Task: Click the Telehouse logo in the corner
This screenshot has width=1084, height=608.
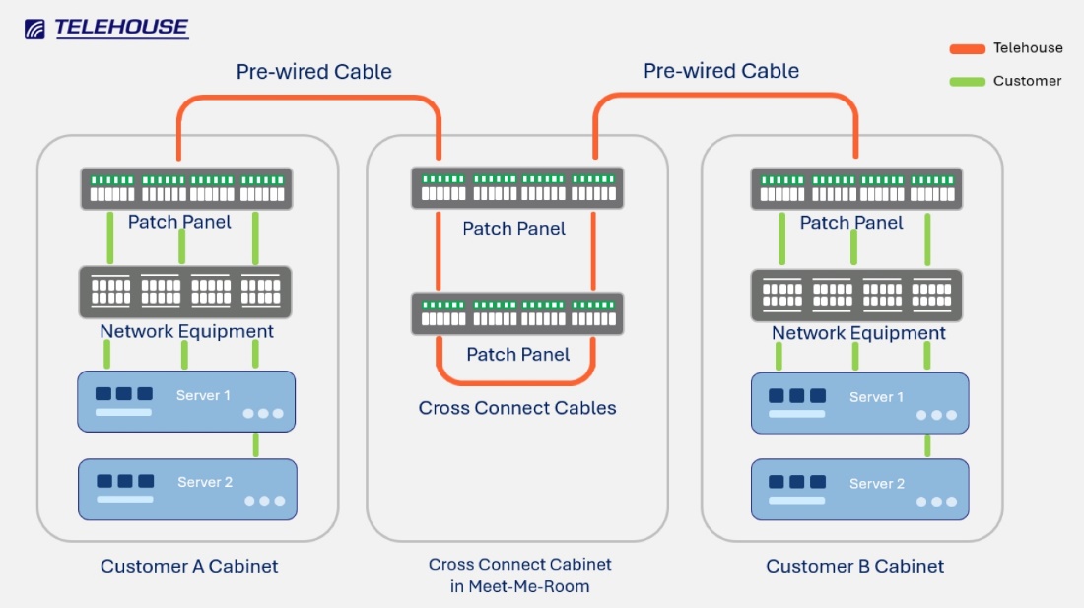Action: coord(106,29)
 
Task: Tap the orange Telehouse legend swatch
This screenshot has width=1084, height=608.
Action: coord(967,48)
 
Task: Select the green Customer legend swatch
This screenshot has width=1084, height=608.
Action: coord(967,81)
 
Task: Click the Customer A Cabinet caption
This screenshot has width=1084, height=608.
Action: coord(189,567)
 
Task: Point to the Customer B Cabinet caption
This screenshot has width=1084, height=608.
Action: coord(854,567)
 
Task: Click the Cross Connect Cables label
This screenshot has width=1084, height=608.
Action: coord(517,408)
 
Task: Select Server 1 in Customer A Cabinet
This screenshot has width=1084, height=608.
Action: coord(186,401)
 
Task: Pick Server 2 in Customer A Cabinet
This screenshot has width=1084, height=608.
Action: coord(187,489)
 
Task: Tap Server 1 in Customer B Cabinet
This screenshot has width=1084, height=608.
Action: coord(859,403)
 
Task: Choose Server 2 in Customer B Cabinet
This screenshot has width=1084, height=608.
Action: coord(859,490)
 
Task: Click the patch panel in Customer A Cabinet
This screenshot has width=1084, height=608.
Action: coord(186,188)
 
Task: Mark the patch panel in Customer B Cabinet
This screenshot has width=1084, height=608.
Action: coord(856,188)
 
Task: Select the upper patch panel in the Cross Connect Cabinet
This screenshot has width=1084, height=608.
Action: coord(517,187)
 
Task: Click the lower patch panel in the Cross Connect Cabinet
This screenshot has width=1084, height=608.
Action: coord(517,313)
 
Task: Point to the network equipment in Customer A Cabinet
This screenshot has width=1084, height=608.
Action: coord(185,292)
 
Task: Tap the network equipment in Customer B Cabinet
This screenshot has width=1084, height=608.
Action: coord(856,295)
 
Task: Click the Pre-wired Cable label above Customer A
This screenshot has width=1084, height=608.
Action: coord(313,72)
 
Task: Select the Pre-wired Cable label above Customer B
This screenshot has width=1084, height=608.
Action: coord(720,71)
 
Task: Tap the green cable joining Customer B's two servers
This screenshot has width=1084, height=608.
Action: coord(927,445)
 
